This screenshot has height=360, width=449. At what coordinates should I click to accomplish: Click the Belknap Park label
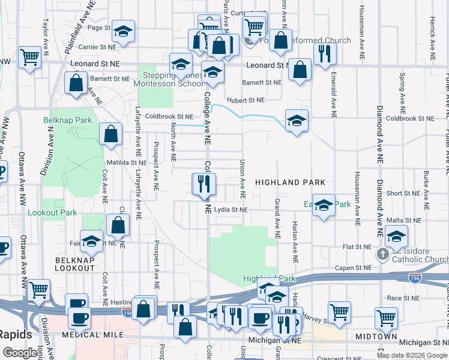[x=68, y=120]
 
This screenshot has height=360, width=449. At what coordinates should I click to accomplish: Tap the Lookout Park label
[x=52, y=212]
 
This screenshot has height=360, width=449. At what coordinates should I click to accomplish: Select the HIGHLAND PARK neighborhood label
[x=290, y=182]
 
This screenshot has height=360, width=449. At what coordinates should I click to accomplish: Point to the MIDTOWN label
[x=376, y=337]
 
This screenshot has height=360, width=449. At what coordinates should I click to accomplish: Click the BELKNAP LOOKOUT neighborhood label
[x=75, y=264]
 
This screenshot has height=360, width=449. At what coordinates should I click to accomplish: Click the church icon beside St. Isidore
[x=382, y=254]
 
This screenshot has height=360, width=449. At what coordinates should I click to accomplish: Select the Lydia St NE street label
[x=231, y=210]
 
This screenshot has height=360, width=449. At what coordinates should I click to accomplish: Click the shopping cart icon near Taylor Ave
[x=29, y=58]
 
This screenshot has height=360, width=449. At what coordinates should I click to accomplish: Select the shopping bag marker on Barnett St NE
[x=76, y=83]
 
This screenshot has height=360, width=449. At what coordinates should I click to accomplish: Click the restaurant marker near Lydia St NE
[x=204, y=183]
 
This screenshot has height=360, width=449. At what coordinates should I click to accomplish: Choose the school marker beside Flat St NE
[x=396, y=236]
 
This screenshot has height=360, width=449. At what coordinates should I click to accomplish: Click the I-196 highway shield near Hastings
[x=127, y=313]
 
